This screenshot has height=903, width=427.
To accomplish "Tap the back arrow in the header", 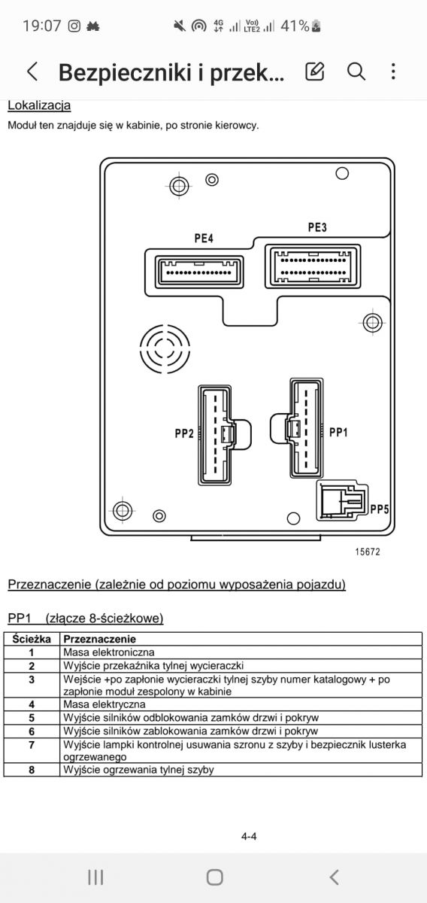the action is tap(32, 71).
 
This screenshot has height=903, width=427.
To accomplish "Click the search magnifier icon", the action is tap(356, 71).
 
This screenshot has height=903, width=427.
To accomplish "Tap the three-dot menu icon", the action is tap(393, 71).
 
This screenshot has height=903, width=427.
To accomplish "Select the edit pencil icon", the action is tap(314, 71).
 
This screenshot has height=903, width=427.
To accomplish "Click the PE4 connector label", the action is tap(204, 239).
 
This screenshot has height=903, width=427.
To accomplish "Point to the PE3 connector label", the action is tap(317, 227).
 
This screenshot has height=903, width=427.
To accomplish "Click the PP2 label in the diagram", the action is tap(184, 433).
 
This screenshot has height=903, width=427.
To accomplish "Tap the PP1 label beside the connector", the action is tap(338, 432).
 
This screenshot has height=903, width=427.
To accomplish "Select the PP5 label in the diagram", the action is tap(380, 509).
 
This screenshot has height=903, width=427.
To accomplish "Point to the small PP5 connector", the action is tap(342, 500).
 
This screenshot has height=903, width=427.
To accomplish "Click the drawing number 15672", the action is tap(368, 552).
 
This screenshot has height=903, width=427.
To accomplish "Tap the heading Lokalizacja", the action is tap(39, 105).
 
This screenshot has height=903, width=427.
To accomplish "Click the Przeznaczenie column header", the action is tap(99, 639).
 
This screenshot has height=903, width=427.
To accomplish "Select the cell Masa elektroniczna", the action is tap(109, 652).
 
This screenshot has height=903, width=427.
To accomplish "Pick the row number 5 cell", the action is tap(32, 718).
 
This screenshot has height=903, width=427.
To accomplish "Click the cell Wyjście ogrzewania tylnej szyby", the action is tap(138, 770).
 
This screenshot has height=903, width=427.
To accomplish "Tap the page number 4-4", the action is tap(249, 837).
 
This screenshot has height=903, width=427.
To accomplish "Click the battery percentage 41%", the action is tap(295, 26).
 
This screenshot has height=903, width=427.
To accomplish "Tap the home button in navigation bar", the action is tap(215, 877).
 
